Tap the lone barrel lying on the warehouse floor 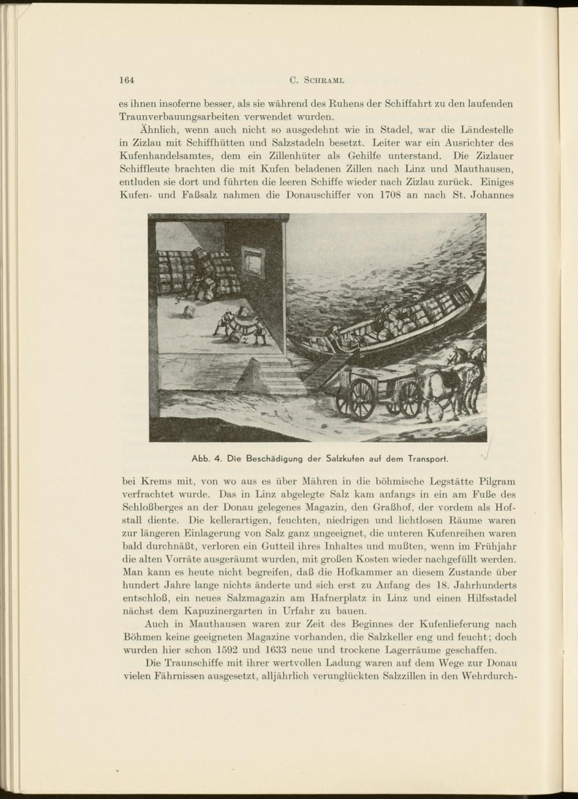click(x=188, y=310)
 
